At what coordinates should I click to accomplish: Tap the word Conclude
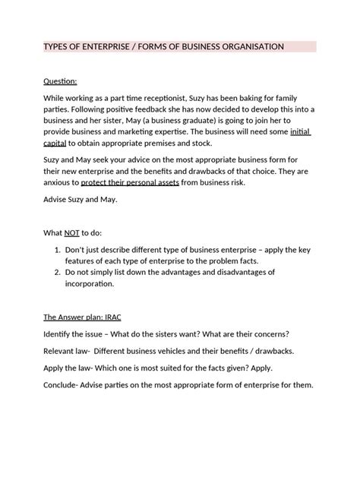[55, 384]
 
